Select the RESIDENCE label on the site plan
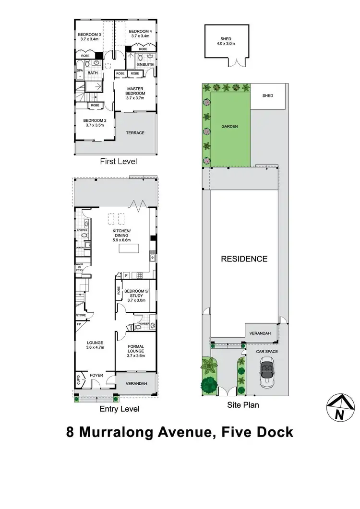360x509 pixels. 244,259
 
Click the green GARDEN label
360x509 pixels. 229,127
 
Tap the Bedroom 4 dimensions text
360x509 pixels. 141,36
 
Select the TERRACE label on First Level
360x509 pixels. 135,133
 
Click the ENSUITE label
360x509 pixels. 145,64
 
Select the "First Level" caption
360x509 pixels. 118,162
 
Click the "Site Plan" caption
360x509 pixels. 243,405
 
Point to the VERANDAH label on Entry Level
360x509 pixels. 136,384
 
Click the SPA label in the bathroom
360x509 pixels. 79,71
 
